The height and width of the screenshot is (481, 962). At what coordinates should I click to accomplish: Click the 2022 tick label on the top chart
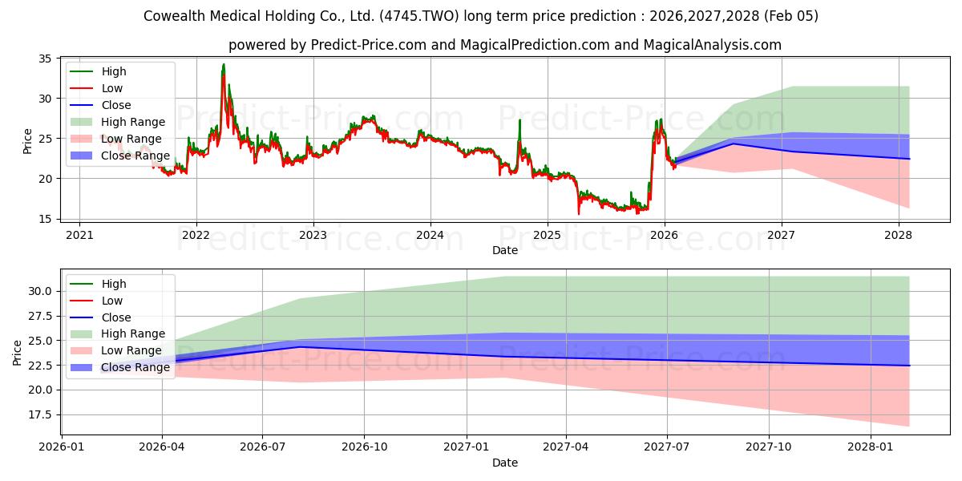[196, 235]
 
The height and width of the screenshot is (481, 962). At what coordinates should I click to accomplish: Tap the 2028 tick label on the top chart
[899, 235]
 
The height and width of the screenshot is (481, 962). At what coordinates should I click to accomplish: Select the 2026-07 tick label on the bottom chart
[263, 447]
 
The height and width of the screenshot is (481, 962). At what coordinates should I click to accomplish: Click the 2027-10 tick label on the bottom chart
[769, 447]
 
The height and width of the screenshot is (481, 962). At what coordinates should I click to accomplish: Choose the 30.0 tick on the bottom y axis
[38, 291]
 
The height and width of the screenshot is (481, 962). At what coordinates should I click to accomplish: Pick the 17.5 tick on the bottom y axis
[38, 414]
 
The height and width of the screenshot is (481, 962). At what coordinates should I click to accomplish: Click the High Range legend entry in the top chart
[133, 122]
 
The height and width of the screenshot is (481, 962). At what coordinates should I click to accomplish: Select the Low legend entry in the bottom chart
[112, 301]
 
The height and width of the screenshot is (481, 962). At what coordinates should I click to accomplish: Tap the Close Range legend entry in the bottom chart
[135, 367]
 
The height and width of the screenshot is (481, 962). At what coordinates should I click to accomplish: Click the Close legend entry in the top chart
[116, 105]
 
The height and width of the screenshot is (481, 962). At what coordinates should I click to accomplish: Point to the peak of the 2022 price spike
[224, 64]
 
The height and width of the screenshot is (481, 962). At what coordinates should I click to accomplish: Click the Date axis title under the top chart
[505, 250]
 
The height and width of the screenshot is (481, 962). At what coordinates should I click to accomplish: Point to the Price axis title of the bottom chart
[18, 352]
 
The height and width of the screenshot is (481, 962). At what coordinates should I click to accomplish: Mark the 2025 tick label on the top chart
[548, 235]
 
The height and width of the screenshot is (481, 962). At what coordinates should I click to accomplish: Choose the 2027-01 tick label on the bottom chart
[466, 447]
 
